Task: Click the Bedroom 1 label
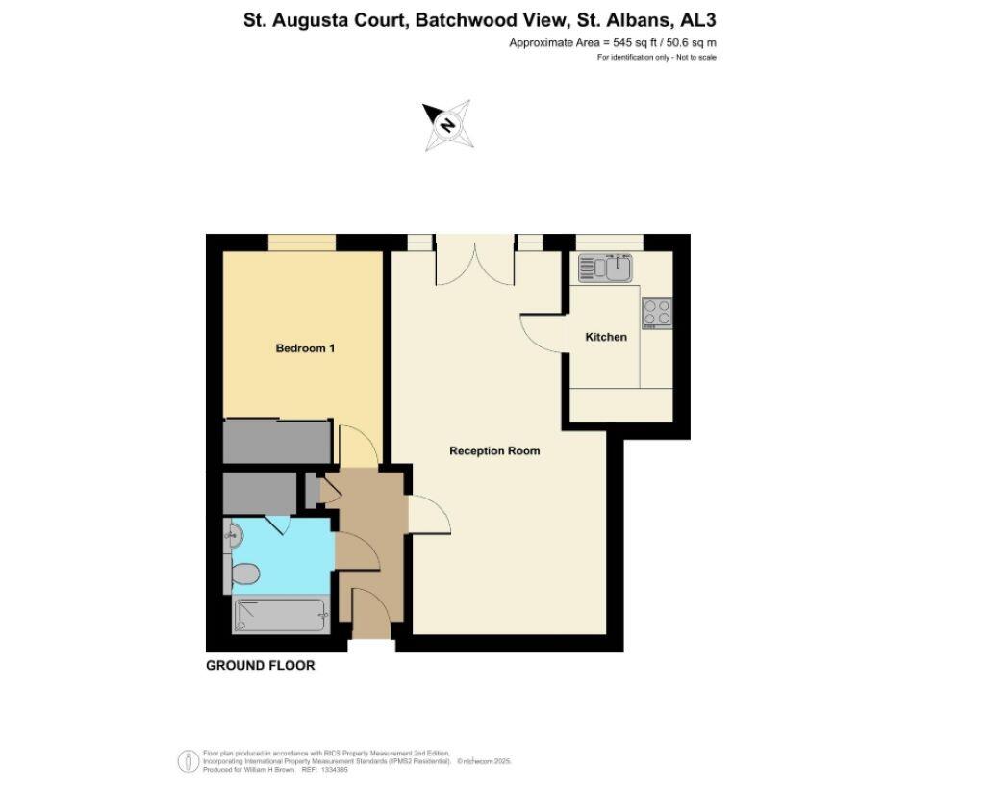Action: point(305,348)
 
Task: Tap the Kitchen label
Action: point(606,337)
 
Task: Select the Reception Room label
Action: point(494,450)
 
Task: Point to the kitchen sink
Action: point(603,267)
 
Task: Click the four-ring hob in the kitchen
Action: point(657,313)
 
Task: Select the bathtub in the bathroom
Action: point(280,615)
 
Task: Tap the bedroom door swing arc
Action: point(355,448)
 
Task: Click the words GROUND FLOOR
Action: point(261,666)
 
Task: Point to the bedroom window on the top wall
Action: point(301,242)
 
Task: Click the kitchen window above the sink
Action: point(608,241)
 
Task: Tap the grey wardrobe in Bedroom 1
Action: point(276,442)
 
